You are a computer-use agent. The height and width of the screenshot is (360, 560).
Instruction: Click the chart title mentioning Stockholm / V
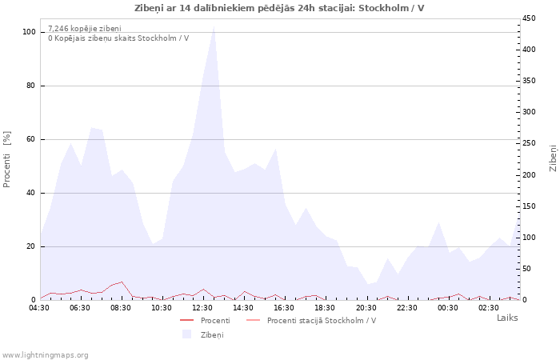coord(279,8)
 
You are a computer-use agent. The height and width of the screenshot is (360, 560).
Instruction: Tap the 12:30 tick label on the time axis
coord(202,308)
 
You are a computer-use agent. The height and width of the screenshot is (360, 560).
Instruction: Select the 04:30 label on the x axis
coord(39,308)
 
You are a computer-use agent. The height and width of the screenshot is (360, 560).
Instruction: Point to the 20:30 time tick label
coord(366,308)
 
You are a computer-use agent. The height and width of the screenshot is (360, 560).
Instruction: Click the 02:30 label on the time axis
coord(489,308)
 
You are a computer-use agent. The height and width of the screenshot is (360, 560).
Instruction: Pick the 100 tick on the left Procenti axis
coord(29,32)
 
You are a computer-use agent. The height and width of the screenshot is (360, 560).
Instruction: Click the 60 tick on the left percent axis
coord(30,139)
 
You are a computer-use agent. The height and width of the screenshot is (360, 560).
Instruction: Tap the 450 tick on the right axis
coord(529,18)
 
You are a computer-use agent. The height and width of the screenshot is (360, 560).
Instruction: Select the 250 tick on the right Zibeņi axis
coord(529,143)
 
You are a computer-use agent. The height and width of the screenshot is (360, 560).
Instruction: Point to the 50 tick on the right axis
coord(527,269)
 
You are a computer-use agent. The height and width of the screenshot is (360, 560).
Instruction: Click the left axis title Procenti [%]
coord(6,159)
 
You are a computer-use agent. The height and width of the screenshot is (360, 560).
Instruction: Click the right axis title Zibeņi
coord(554,158)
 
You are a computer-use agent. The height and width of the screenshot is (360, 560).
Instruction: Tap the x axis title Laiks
coord(507,318)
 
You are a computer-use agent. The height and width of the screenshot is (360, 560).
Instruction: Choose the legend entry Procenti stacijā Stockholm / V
coord(311,320)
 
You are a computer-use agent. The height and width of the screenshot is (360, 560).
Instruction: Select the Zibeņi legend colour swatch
coord(186,334)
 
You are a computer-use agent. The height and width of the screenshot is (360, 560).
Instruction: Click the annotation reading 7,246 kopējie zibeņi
coord(85,29)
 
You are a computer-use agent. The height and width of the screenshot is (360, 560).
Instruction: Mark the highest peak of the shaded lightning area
coord(214,26)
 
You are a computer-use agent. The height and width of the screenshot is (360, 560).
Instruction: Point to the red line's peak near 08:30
coord(122,282)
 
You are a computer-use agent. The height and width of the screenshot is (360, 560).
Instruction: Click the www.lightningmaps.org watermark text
coord(45,355)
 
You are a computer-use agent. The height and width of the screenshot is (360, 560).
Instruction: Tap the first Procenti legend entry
coord(206,320)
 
